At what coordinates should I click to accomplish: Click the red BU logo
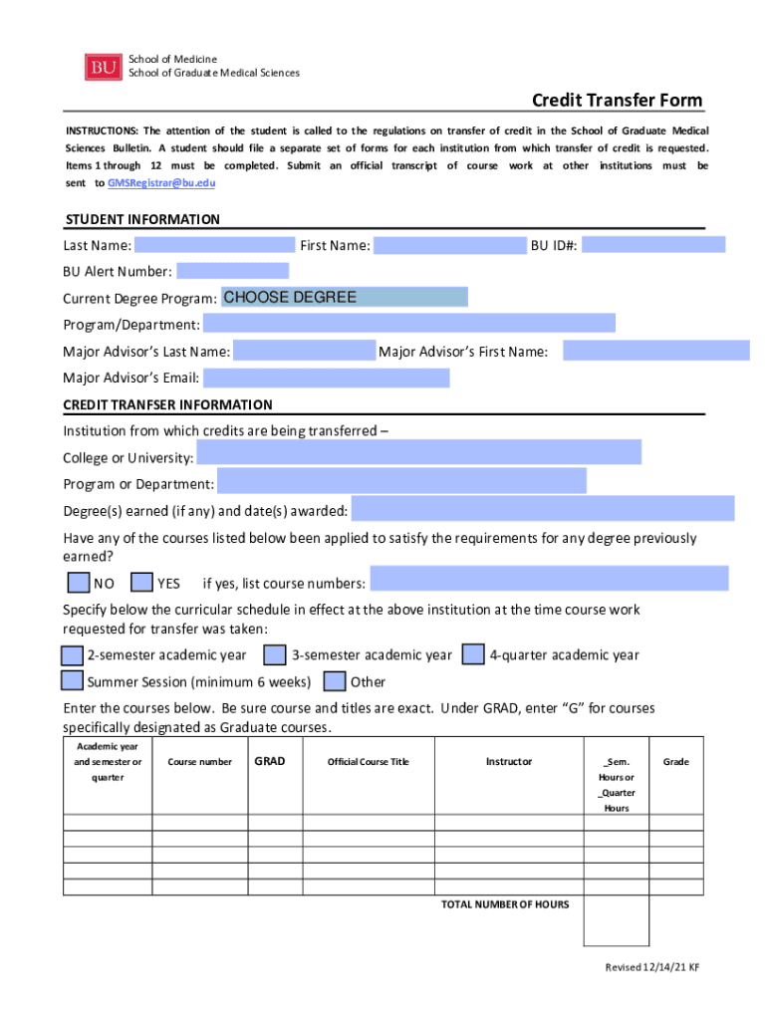104,66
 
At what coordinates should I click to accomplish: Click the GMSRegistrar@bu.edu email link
160,184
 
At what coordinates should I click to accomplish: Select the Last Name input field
214,245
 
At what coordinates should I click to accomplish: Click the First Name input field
449,245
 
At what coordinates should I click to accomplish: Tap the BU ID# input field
653,245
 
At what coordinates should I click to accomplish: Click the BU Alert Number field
232,271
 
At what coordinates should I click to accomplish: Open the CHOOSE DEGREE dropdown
344,297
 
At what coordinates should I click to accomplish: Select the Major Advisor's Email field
327,378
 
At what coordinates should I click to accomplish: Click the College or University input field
418,453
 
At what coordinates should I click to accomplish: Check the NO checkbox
77,583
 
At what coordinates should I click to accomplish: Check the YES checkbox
142,583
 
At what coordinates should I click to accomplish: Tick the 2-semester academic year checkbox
72,655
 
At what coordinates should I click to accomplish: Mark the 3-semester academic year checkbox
275,655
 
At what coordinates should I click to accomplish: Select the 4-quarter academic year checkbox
474,655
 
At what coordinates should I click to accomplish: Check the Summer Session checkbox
72,681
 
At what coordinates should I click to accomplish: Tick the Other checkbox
336,681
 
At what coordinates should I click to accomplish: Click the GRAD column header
269,762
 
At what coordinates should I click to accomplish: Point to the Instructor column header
508,762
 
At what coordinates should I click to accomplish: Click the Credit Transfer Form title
617,101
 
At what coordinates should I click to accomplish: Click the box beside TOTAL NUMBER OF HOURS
616,920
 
